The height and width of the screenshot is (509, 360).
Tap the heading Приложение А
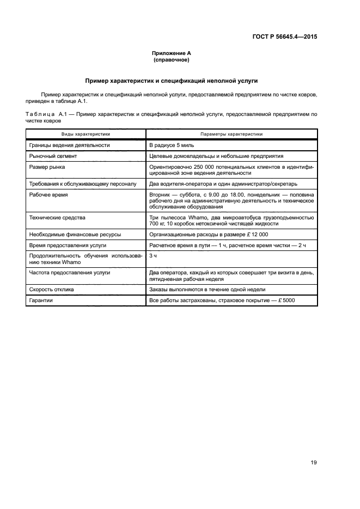171,53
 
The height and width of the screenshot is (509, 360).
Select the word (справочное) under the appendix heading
171,60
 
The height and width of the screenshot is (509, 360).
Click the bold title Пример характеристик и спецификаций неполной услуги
171,81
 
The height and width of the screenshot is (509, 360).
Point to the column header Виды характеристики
85,133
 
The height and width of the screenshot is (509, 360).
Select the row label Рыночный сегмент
56,156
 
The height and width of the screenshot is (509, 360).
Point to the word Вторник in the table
161,194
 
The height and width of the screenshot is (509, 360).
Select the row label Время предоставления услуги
68,246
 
